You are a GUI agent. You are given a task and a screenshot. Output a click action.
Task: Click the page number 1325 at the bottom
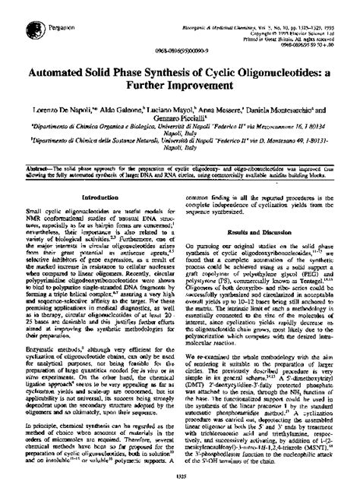179,476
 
